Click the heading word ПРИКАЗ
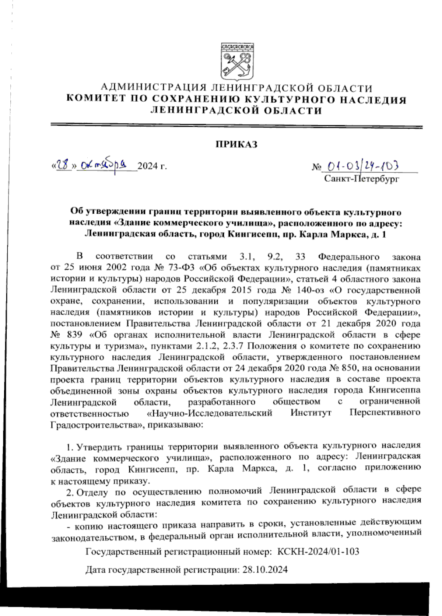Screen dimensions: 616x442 click(x=236, y=144)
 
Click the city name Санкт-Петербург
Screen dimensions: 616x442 click(x=362, y=179)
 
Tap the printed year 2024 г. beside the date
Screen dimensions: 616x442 click(x=152, y=166)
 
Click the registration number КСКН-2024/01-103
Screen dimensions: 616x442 click(x=318, y=551)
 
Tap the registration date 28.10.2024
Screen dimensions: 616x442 click(x=264, y=570)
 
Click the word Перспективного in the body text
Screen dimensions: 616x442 click(x=385, y=413)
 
